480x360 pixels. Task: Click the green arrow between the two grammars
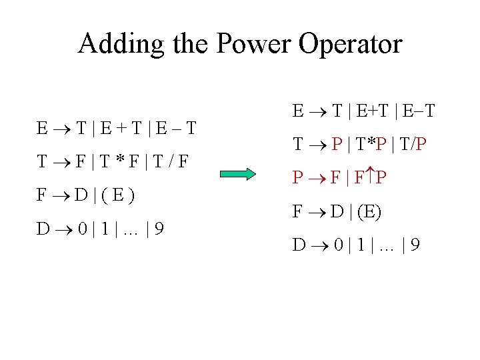[x=237, y=175]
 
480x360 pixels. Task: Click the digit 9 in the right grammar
[x=415, y=245]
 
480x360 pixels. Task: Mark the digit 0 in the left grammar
[x=81, y=230]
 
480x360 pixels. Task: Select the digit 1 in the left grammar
[x=107, y=230]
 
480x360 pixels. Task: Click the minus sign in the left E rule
[x=173, y=127]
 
